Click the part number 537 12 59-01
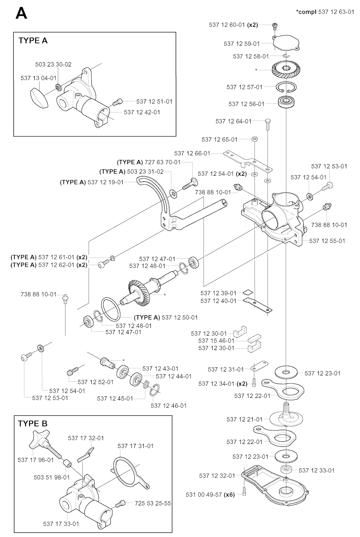[x=242, y=44]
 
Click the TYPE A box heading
[x=33, y=40]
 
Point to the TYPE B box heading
[x=33, y=423]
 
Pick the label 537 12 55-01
[x=327, y=241]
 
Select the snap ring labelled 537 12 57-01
[x=287, y=87]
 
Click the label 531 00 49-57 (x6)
[x=210, y=494]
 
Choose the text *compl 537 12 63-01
[x=325, y=12]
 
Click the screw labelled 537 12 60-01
[x=275, y=25]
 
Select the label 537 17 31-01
[x=136, y=446]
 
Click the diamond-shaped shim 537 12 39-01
[x=248, y=292]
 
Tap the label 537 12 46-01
[x=169, y=405]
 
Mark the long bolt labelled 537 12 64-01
[x=268, y=124]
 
